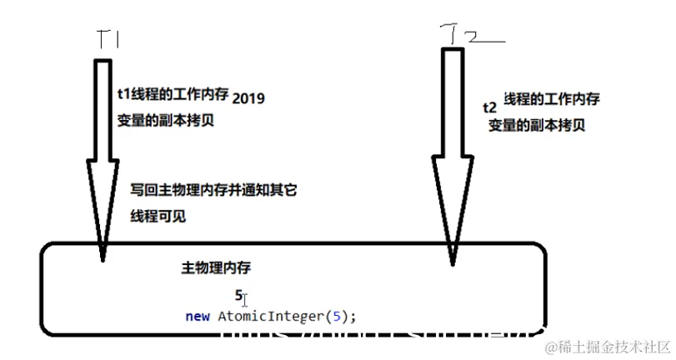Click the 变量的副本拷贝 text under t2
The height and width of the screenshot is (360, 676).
point(537,125)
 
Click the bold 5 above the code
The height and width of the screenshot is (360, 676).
point(238,295)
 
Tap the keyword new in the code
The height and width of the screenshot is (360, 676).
point(198,316)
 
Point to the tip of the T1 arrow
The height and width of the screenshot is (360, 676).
point(103,258)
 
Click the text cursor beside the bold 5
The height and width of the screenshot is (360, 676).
point(245,297)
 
